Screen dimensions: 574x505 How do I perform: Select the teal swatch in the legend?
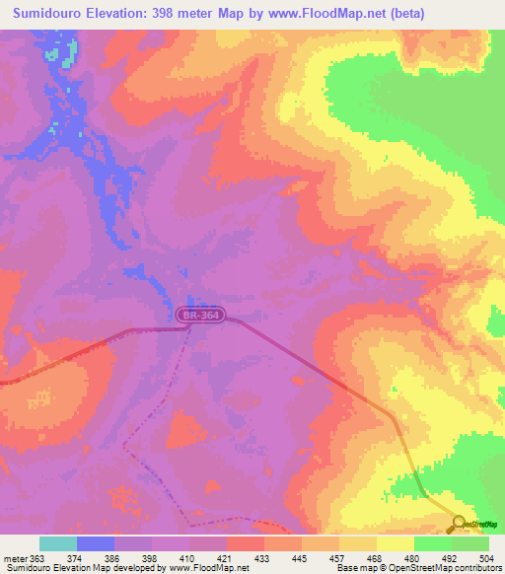pyautogui.click(x=58, y=543)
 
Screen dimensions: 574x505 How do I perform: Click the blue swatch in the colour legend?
pyautogui.click(x=96, y=543)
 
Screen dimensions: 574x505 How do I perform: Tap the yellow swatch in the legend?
pyautogui.click(x=395, y=543)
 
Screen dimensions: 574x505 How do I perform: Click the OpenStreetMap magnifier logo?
pyautogui.click(x=459, y=524)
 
